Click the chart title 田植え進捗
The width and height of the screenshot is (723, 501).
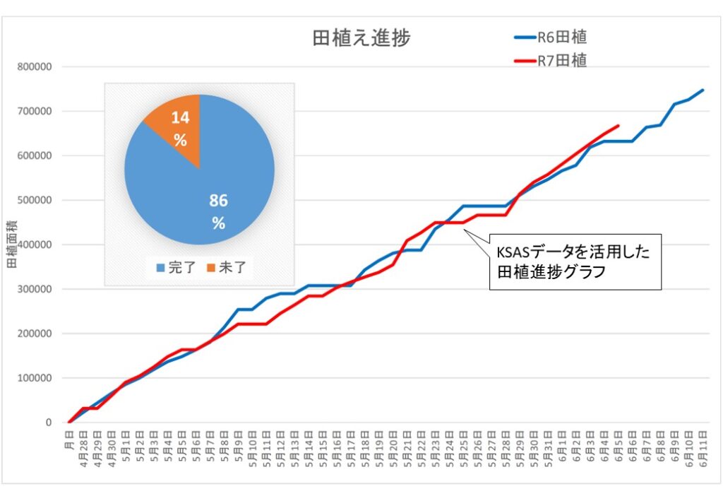361,38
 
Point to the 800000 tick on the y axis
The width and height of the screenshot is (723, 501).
38,67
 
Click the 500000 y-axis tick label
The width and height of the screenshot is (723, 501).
38,201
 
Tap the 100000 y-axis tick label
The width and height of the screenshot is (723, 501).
38,378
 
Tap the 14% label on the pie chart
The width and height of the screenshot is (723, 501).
181,129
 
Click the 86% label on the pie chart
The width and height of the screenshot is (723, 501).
218,211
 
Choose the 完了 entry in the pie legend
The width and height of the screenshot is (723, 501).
172,268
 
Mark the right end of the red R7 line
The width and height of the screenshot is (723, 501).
619,126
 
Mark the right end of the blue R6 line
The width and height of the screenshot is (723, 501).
703,90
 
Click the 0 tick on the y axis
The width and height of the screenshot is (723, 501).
49,423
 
